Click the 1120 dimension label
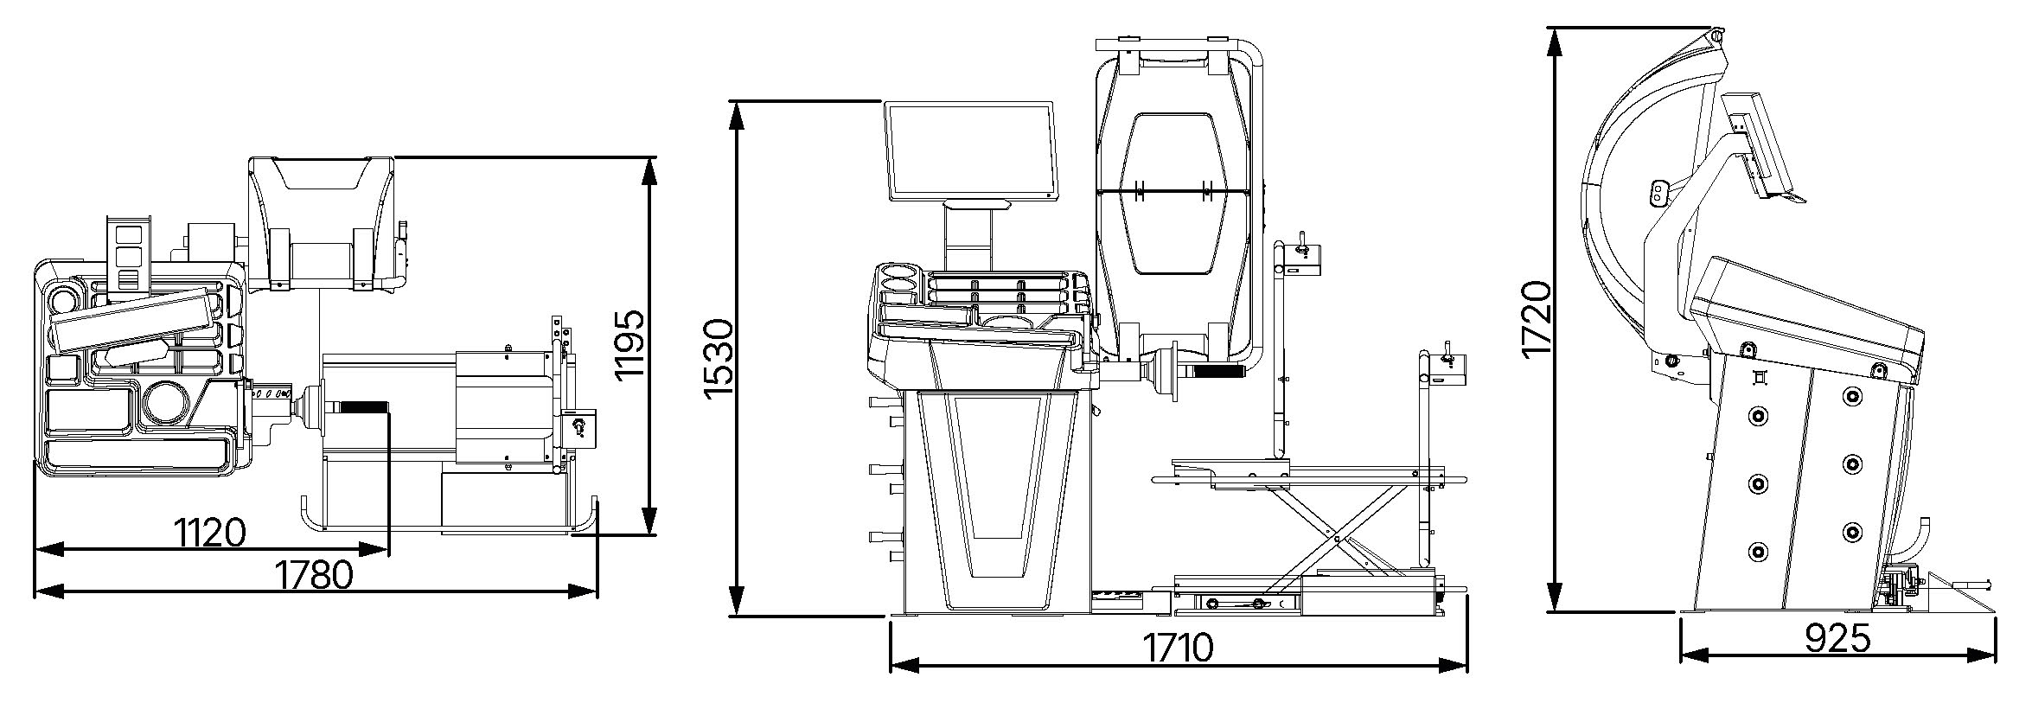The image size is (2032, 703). (211, 533)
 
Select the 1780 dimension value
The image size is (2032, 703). (313, 574)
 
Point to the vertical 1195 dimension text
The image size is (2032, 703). (629, 343)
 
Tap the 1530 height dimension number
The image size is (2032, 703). (719, 359)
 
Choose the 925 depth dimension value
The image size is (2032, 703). (1838, 638)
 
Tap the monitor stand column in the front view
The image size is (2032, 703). (968, 234)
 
